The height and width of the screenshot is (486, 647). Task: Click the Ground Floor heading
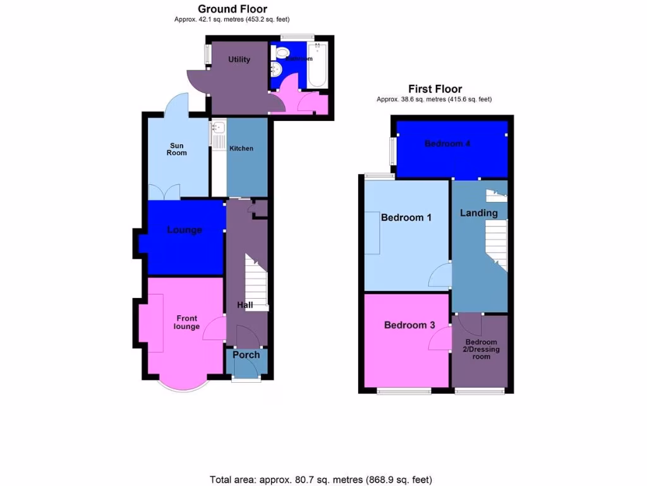coord(232,9)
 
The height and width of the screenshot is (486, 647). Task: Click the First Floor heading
coord(435,89)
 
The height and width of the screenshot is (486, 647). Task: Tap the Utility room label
coord(239,59)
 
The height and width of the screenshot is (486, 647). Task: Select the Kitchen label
coord(241,148)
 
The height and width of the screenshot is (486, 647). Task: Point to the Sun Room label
coord(176,149)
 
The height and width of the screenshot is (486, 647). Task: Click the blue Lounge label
coord(184,230)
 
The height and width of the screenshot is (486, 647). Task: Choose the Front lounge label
coord(188,322)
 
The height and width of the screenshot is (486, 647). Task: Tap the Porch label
coord(246,354)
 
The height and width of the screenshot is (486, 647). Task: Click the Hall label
coord(245,305)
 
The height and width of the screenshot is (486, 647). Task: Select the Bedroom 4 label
coord(447,144)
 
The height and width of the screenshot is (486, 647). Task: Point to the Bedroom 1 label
coord(406,217)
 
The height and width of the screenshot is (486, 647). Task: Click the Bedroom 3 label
coord(409,325)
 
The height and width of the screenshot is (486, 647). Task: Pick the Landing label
coord(478,213)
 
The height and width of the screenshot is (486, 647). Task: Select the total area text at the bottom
coord(321,479)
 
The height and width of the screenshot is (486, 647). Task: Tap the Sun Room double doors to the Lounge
coord(164,192)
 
